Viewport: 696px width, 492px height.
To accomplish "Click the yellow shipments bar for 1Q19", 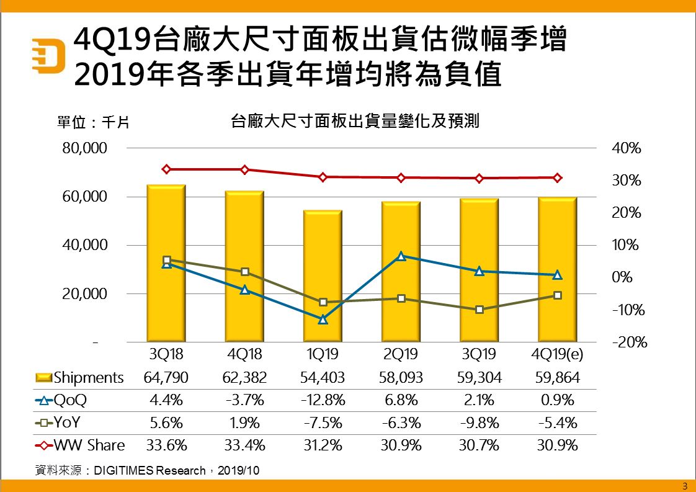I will [323, 276].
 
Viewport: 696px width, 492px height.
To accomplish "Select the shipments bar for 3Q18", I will [166, 263].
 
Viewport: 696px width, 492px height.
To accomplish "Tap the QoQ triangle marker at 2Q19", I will [401, 256].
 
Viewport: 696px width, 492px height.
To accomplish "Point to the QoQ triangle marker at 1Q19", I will [323, 320].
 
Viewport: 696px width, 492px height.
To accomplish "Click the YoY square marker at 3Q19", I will [479, 309].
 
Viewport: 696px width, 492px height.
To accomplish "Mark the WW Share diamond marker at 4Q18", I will [244, 169].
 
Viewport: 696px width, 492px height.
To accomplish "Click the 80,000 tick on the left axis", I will [85, 148].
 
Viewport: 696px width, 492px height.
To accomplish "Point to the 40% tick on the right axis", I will [626, 148].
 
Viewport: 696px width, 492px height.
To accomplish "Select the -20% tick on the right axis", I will [629, 342].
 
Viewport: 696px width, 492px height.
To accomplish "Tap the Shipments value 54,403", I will [322, 378].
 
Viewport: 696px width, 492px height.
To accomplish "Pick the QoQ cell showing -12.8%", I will [322, 400].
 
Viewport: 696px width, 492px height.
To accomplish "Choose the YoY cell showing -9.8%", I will [478, 423].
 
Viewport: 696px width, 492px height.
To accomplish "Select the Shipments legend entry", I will [79, 378].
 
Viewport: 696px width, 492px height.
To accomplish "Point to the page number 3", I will [684, 485].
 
